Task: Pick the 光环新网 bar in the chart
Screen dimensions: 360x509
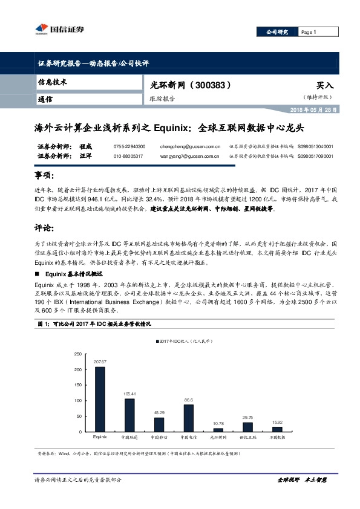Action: point(218,430)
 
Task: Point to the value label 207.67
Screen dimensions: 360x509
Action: point(100,361)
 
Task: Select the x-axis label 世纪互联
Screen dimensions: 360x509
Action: point(247,437)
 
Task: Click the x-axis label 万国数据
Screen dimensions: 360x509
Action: point(277,437)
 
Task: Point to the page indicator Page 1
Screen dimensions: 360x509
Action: point(308,31)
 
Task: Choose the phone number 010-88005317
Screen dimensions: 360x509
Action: point(128,156)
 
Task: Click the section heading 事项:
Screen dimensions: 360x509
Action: point(47,175)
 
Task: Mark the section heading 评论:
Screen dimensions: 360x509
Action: point(47,228)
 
